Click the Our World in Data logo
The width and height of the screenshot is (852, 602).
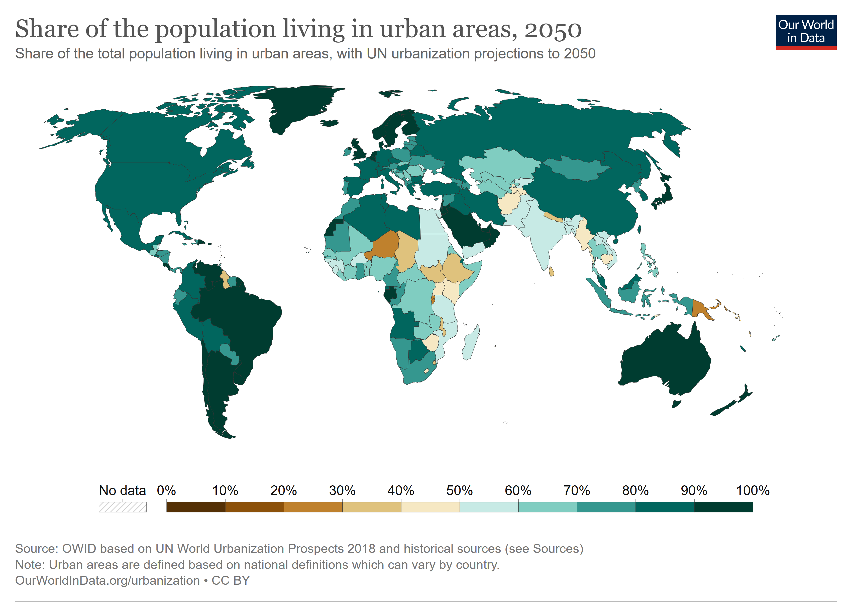(x=806, y=32)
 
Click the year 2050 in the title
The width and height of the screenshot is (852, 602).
(x=553, y=29)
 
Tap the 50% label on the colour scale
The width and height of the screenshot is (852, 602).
(x=459, y=491)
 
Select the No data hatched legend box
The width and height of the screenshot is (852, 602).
(x=123, y=507)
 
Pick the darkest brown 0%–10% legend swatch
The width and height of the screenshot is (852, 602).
(x=195, y=507)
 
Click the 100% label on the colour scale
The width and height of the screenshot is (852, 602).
(x=753, y=491)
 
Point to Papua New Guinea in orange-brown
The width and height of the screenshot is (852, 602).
(x=701, y=309)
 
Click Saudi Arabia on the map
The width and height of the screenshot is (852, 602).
(x=464, y=227)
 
